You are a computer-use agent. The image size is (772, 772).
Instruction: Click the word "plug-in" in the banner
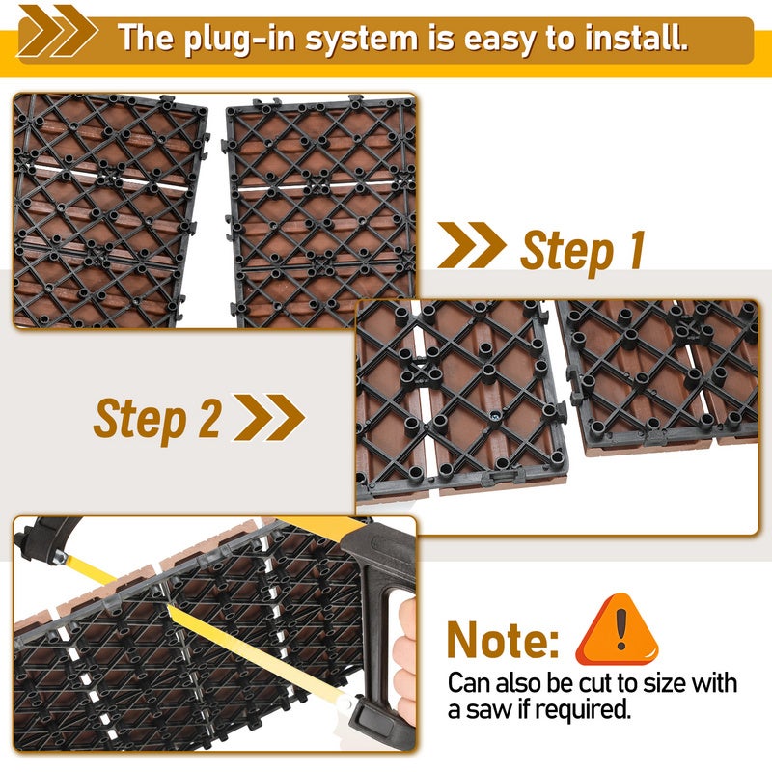239,39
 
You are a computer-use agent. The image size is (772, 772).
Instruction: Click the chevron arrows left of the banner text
57,31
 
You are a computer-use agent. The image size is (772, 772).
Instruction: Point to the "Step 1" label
583,251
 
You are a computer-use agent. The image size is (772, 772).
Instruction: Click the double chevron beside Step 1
472,245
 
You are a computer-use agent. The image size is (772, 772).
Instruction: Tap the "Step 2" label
157,419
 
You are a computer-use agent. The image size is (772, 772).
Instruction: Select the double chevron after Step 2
269,418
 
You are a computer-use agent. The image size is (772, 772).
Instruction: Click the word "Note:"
503,640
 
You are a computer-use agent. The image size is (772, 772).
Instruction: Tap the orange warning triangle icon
618,629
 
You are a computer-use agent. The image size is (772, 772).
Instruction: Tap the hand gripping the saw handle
404,660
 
